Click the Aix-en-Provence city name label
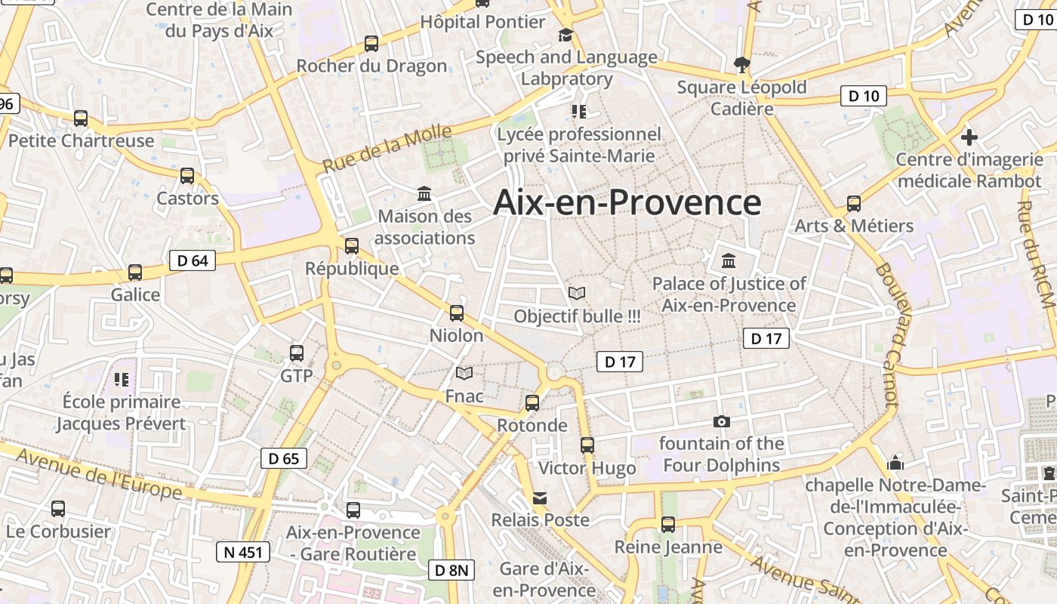pos(627,202)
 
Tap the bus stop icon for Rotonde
pos(532,403)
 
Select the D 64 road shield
pos(192,260)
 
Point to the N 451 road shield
pos(243,552)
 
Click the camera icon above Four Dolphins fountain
pos(722,421)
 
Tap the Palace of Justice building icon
pos(729,260)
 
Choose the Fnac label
pos(464,396)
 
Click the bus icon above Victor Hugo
pos(587,445)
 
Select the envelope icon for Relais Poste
pos(540,498)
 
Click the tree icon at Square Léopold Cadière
pos(741,65)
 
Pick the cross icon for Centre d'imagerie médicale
pos(969,137)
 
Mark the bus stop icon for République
pos(351,245)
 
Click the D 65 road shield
pos(284,458)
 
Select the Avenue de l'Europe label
pos(99,473)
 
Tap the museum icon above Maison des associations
pos(424,194)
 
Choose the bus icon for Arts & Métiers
pos(854,204)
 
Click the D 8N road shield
pos(452,570)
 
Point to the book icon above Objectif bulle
pos(577,293)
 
